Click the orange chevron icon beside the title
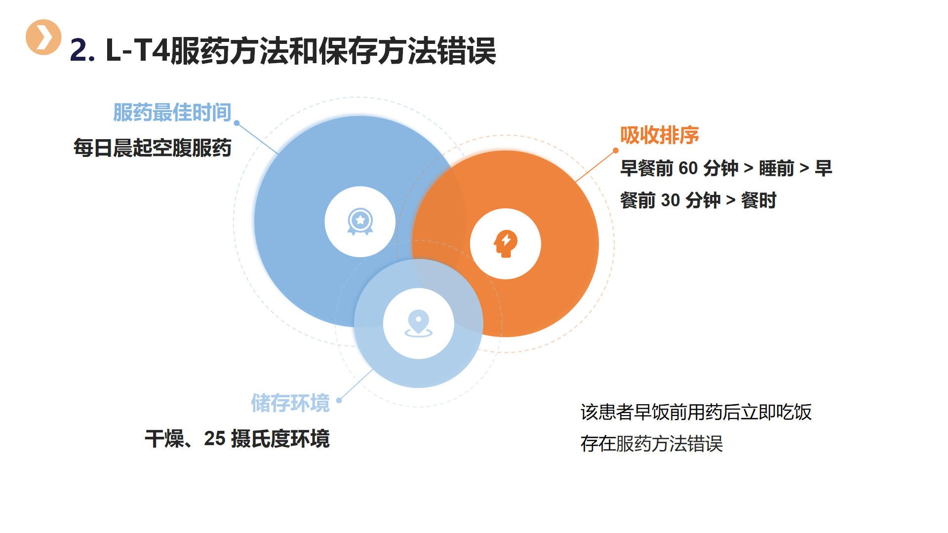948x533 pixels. click(43, 37)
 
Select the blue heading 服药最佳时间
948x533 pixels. click(172, 113)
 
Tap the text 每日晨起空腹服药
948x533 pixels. click(153, 148)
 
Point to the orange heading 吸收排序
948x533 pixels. click(660, 135)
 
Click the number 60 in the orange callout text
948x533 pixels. click(688, 168)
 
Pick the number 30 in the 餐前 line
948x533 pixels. click(671, 200)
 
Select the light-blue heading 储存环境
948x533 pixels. click(290, 403)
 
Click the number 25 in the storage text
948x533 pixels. click(215, 439)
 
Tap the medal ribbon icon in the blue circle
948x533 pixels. click(360, 222)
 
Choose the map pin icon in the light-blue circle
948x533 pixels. click(419, 324)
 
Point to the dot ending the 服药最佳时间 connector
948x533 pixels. click(237, 123)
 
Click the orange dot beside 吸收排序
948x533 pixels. click(616, 151)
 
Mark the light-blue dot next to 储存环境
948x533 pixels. click(339, 400)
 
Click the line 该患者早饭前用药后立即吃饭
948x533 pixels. click(696, 412)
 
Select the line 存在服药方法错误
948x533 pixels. click(652, 444)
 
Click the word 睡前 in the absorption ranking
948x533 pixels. click(776, 168)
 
